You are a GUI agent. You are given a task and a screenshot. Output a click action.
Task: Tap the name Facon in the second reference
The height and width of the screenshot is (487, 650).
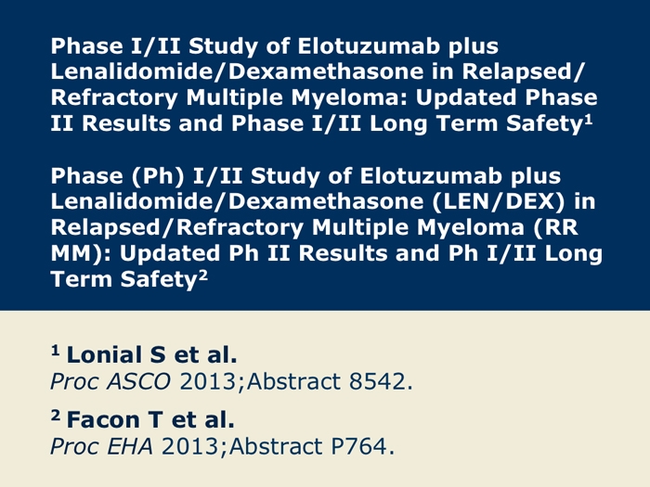coord(103,419)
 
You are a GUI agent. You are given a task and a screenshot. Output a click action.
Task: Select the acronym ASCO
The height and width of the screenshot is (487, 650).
coord(139,381)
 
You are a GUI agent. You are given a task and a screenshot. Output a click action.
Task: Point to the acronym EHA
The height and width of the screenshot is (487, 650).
coord(130,446)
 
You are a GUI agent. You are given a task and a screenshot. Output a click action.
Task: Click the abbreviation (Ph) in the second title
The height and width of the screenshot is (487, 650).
coord(159,176)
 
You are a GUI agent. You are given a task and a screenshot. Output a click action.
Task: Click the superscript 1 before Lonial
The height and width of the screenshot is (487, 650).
coord(56,351)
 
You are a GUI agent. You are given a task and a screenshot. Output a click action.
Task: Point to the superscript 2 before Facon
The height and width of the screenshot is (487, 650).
coord(56,416)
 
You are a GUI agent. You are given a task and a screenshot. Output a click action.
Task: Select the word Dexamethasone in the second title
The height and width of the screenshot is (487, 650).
coord(326,201)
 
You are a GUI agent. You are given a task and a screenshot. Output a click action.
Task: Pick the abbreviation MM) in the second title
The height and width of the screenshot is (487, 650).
coord(81,253)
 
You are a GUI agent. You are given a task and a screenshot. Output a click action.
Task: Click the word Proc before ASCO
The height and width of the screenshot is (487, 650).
coord(74,381)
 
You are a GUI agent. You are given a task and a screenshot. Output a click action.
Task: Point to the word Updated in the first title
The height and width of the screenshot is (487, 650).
coord(466,97)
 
